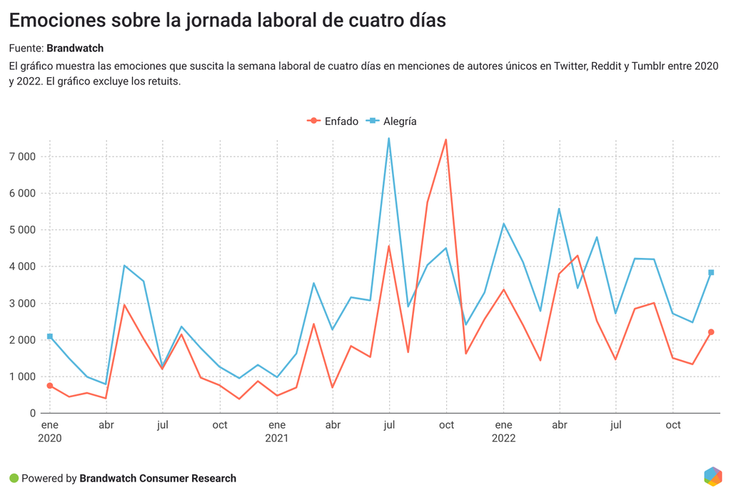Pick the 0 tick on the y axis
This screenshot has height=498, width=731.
(x=32, y=414)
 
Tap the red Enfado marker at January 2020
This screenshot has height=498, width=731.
(x=50, y=386)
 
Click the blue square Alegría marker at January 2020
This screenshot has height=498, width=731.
(x=50, y=337)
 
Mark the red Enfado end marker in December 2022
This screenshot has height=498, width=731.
(x=711, y=332)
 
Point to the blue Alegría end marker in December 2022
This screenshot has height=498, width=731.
(x=711, y=272)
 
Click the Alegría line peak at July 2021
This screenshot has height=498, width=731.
(x=389, y=139)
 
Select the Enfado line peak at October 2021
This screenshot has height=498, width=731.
(x=446, y=140)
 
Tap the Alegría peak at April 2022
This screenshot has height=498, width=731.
(x=559, y=209)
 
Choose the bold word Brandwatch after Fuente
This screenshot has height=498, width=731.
(x=75, y=48)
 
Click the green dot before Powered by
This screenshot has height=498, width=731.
(x=14, y=478)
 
